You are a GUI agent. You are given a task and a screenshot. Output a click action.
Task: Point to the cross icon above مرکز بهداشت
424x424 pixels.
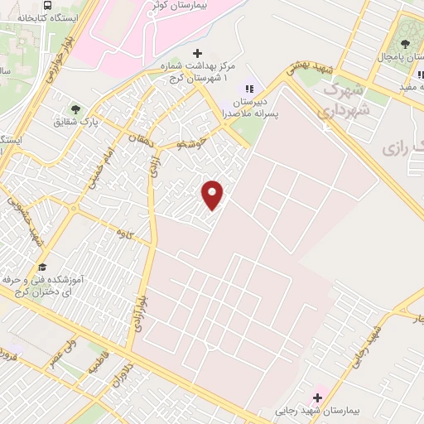tap(196, 54)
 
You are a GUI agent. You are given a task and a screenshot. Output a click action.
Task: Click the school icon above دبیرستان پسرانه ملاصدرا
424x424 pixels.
tap(248, 88)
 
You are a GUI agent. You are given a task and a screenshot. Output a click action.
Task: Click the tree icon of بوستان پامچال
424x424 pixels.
tap(405, 43)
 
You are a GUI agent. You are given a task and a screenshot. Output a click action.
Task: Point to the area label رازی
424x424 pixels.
tap(400, 147)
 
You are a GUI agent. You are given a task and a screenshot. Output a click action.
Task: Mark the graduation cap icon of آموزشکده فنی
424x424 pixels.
tap(41, 267)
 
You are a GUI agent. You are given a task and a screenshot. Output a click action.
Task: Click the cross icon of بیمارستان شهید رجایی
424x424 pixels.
tap(316, 397)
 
